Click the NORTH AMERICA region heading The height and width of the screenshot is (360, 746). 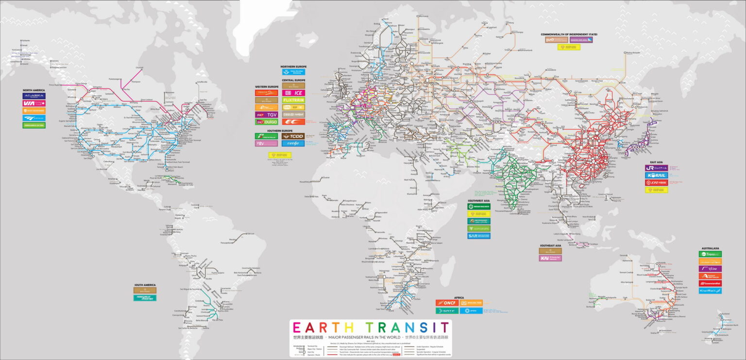click(34, 90)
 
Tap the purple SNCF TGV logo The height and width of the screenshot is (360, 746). click(267, 115)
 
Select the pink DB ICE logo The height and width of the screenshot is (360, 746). click(293, 93)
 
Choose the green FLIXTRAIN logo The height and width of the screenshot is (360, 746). click(293, 100)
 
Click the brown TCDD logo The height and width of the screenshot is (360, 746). click(293, 136)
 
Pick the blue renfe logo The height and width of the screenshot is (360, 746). click(293, 143)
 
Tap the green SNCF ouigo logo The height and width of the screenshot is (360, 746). click(267, 122)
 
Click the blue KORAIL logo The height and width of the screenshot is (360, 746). click(656, 175)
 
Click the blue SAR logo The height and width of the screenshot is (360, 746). click(478, 236)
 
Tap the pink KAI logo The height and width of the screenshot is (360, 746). click(550, 258)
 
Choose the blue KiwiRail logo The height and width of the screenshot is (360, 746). click(710, 291)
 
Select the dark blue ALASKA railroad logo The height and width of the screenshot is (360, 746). click(34, 96)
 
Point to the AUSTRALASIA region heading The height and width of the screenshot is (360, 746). click(710, 248)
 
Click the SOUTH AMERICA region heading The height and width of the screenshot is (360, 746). click(145, 285)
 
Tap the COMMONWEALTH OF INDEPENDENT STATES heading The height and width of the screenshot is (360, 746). click(569, 34)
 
